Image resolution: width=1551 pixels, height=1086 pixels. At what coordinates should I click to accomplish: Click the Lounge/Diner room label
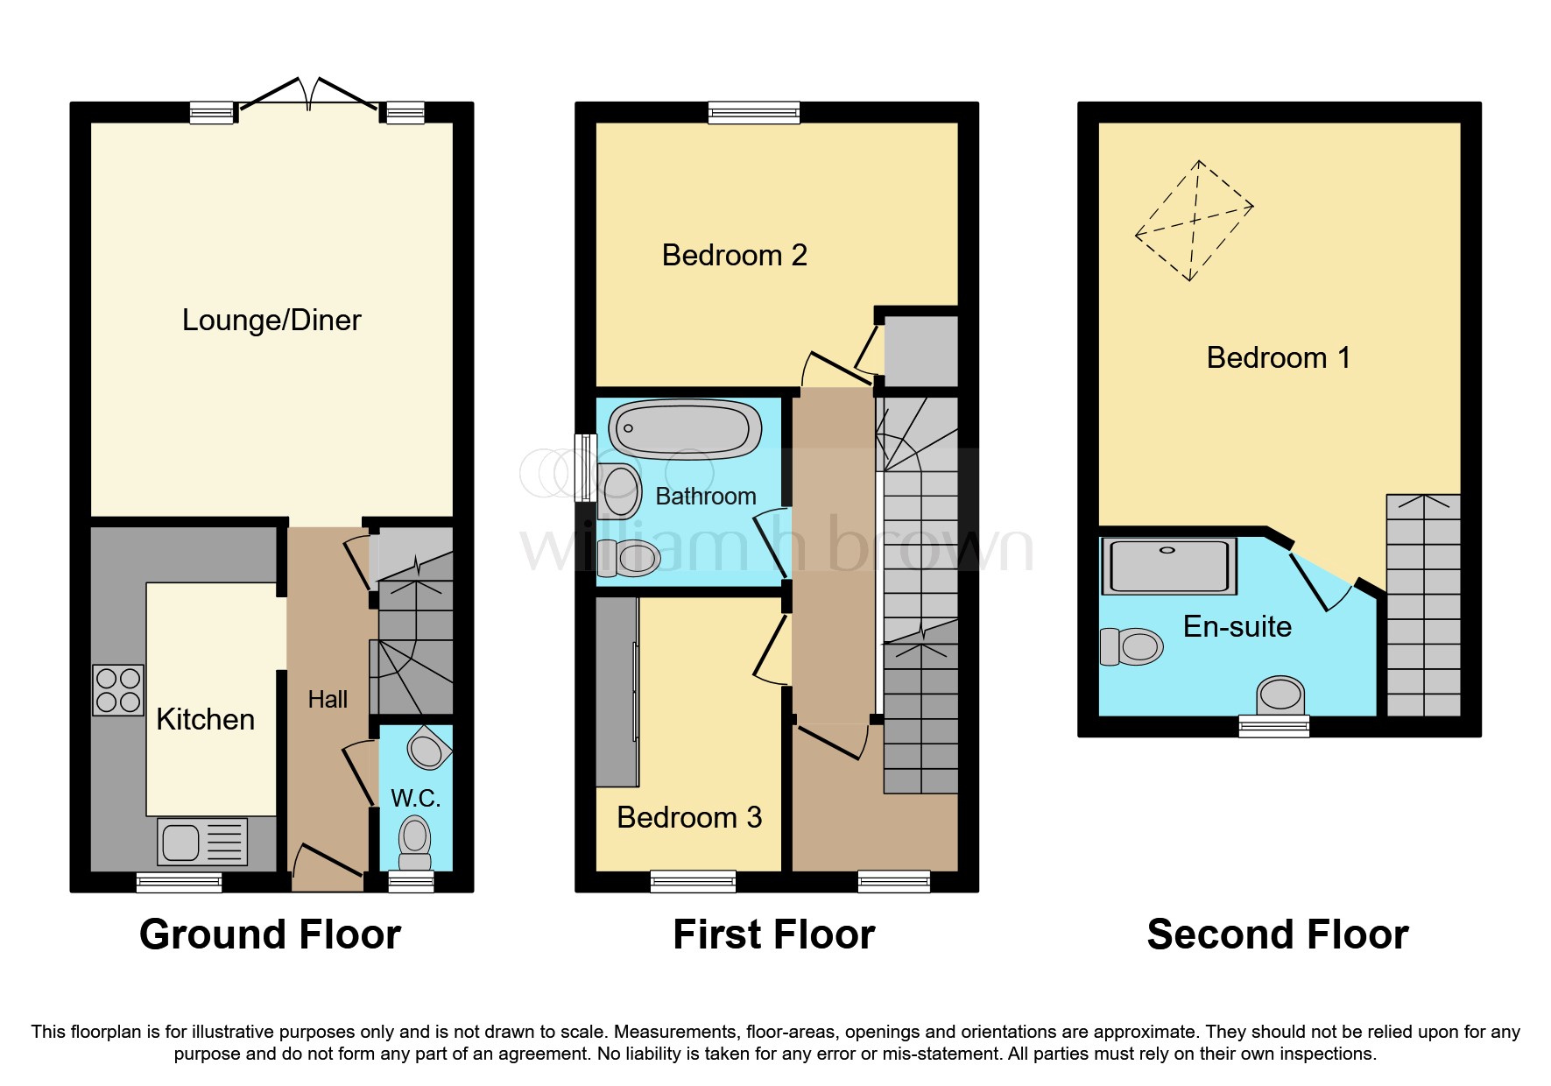[271, 321]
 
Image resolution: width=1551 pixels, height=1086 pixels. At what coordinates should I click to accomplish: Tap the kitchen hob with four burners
[118, 690]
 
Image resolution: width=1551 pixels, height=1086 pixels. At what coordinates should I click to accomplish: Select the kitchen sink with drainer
[202, 842]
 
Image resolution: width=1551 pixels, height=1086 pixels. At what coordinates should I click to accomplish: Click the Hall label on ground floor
[328, 700]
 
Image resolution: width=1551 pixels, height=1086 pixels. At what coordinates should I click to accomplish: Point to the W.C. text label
[415, 798]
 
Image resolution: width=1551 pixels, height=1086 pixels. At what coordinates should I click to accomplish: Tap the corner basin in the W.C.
[427, 749]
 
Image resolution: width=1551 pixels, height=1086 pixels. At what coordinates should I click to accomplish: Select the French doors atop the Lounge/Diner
[310, 94]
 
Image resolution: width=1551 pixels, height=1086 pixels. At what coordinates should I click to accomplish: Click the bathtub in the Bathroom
[685, 429]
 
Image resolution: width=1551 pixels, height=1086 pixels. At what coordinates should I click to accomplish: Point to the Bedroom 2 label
[734, 256]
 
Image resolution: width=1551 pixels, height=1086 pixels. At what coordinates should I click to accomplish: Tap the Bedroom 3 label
[689, 818]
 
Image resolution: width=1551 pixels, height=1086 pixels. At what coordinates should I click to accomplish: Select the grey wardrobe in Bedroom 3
[617, 692]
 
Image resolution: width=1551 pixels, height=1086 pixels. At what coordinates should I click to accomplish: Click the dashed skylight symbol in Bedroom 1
[1194, 221]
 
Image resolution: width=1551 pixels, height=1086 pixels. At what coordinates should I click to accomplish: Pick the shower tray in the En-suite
[1168, 566]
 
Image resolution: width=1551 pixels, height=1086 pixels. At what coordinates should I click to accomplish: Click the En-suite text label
[1237, 627]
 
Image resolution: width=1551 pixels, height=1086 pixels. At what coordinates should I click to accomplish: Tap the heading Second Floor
[1277, 934]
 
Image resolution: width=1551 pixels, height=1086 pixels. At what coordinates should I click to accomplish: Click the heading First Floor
[773, 934]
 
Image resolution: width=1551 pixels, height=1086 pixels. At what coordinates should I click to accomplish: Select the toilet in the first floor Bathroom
[628, 557]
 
